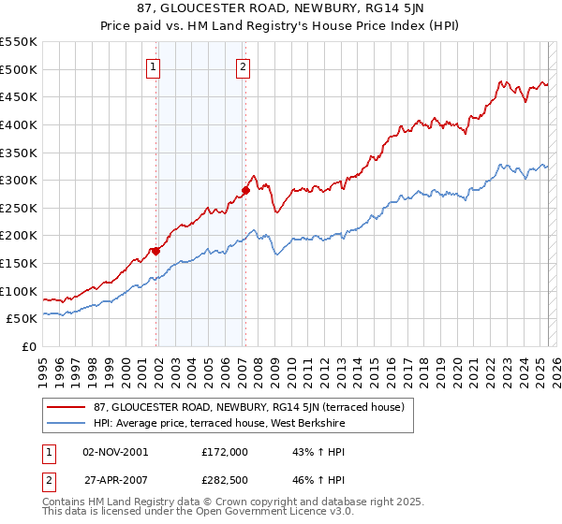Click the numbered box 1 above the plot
(x=153, y=66)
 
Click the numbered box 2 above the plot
(x=243, y=66)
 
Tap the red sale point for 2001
(x=156, y=251)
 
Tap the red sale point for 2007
(x=245, y=190)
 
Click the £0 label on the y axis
(x=29, y=346)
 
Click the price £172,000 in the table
(x=224, y=452)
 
